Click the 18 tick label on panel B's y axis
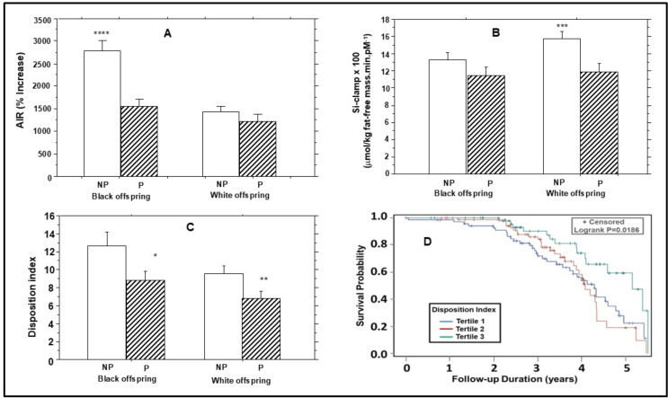click(x=408, y=20)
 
